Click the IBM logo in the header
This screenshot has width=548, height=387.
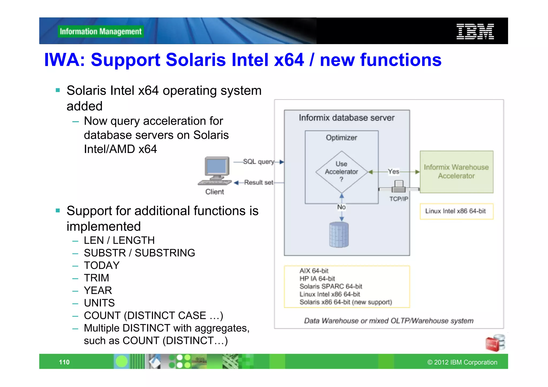coord(475,32)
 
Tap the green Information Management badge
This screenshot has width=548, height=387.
coord(101,32)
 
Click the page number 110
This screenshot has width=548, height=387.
coord(64,362)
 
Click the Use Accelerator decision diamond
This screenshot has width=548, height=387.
coord(341,172)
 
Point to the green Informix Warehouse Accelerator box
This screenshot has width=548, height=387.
coord(456,172)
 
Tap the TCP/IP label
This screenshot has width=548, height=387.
coord(399,199)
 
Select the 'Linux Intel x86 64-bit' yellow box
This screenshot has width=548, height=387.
coord(456,211)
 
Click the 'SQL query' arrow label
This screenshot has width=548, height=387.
coord(258,162)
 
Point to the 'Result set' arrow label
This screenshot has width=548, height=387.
coord(258,182)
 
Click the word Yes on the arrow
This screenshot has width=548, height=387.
coord(394,172)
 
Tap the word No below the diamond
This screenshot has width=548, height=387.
coord(341,207)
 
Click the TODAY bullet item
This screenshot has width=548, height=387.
coord(102,265)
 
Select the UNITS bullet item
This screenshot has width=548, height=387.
coord(99,303)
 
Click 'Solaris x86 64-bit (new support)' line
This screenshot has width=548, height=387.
coord(345,302)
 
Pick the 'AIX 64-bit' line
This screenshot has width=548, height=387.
coord(314,271)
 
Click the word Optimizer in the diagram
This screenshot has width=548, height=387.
coord(341,138)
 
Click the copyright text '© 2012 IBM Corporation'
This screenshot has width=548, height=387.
coord(462,362)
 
